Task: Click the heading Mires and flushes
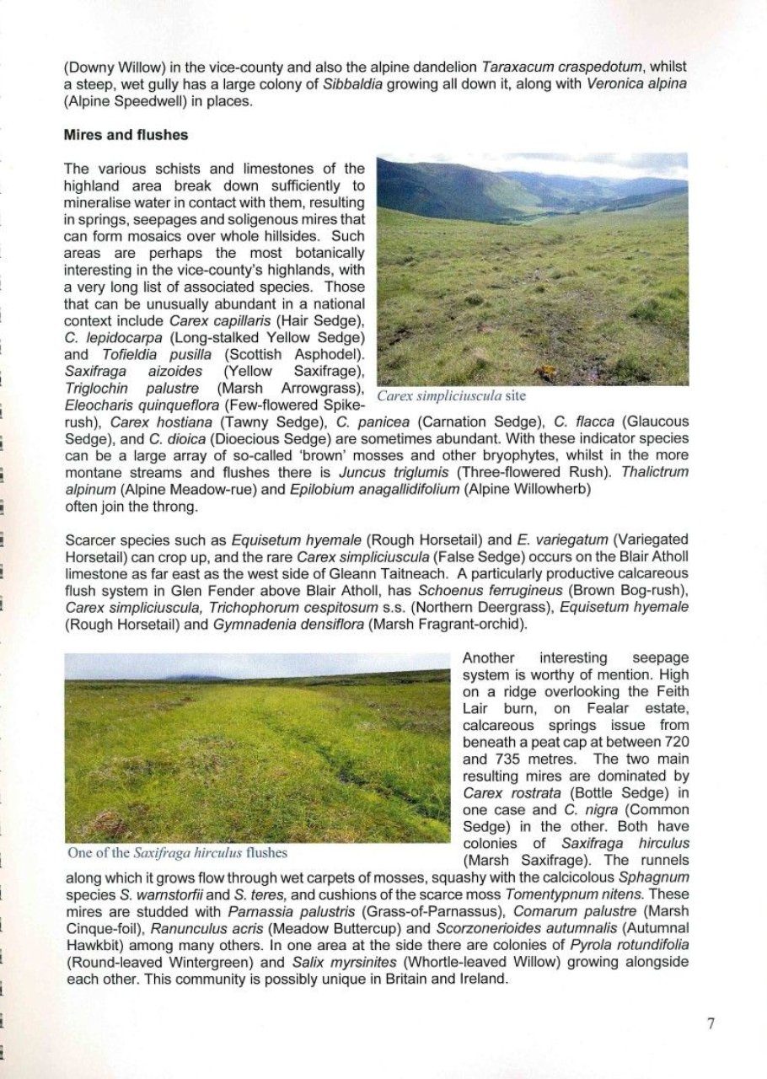[126, 135]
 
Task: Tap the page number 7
[711, 1024]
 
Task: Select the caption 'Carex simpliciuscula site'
[451, 395]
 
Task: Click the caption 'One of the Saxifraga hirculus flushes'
[177, 852]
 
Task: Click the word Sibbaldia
[347, 84]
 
